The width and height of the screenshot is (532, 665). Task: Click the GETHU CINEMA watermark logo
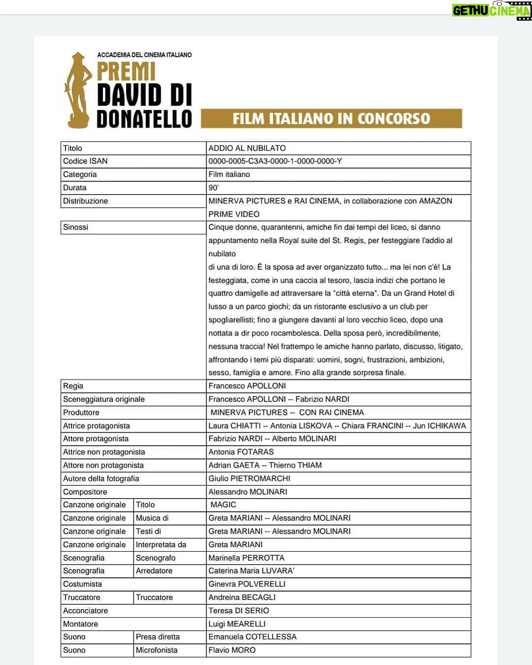click(x=491, y=10)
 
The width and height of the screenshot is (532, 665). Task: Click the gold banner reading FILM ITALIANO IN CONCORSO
click(x=331, y=119)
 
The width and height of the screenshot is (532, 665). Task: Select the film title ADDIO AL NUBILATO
click(x=247, y=148)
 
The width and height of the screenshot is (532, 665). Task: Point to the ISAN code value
click(x=275, y=161)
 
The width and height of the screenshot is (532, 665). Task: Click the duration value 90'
click(x=213, y=188)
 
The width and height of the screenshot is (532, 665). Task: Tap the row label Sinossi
click(x=75, y=227)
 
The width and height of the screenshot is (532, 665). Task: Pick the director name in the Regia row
click(x=247, y=386)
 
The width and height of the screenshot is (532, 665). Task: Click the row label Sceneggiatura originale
click(x=103, y=399)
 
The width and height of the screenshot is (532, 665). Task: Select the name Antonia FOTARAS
click(x=241, y=452)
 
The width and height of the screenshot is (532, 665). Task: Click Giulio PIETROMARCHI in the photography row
click(x=249, y=478)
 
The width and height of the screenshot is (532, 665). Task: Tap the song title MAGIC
click(x=223, y=504)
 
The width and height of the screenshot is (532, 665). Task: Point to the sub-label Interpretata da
click(x=161, y=544)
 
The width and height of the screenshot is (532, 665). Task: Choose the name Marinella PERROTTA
click(x=246, y=558)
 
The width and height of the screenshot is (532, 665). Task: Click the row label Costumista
click(x=82, y=584)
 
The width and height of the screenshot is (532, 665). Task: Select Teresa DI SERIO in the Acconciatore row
click(x=238, y=610)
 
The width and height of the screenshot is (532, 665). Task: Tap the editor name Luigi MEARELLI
click(x=236, y=624)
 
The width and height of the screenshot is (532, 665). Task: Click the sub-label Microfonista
click(x=156, y=650)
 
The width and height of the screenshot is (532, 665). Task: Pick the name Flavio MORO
click(x=232, y=650)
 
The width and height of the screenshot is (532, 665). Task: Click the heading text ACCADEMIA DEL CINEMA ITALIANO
click(x=144, y=55)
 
